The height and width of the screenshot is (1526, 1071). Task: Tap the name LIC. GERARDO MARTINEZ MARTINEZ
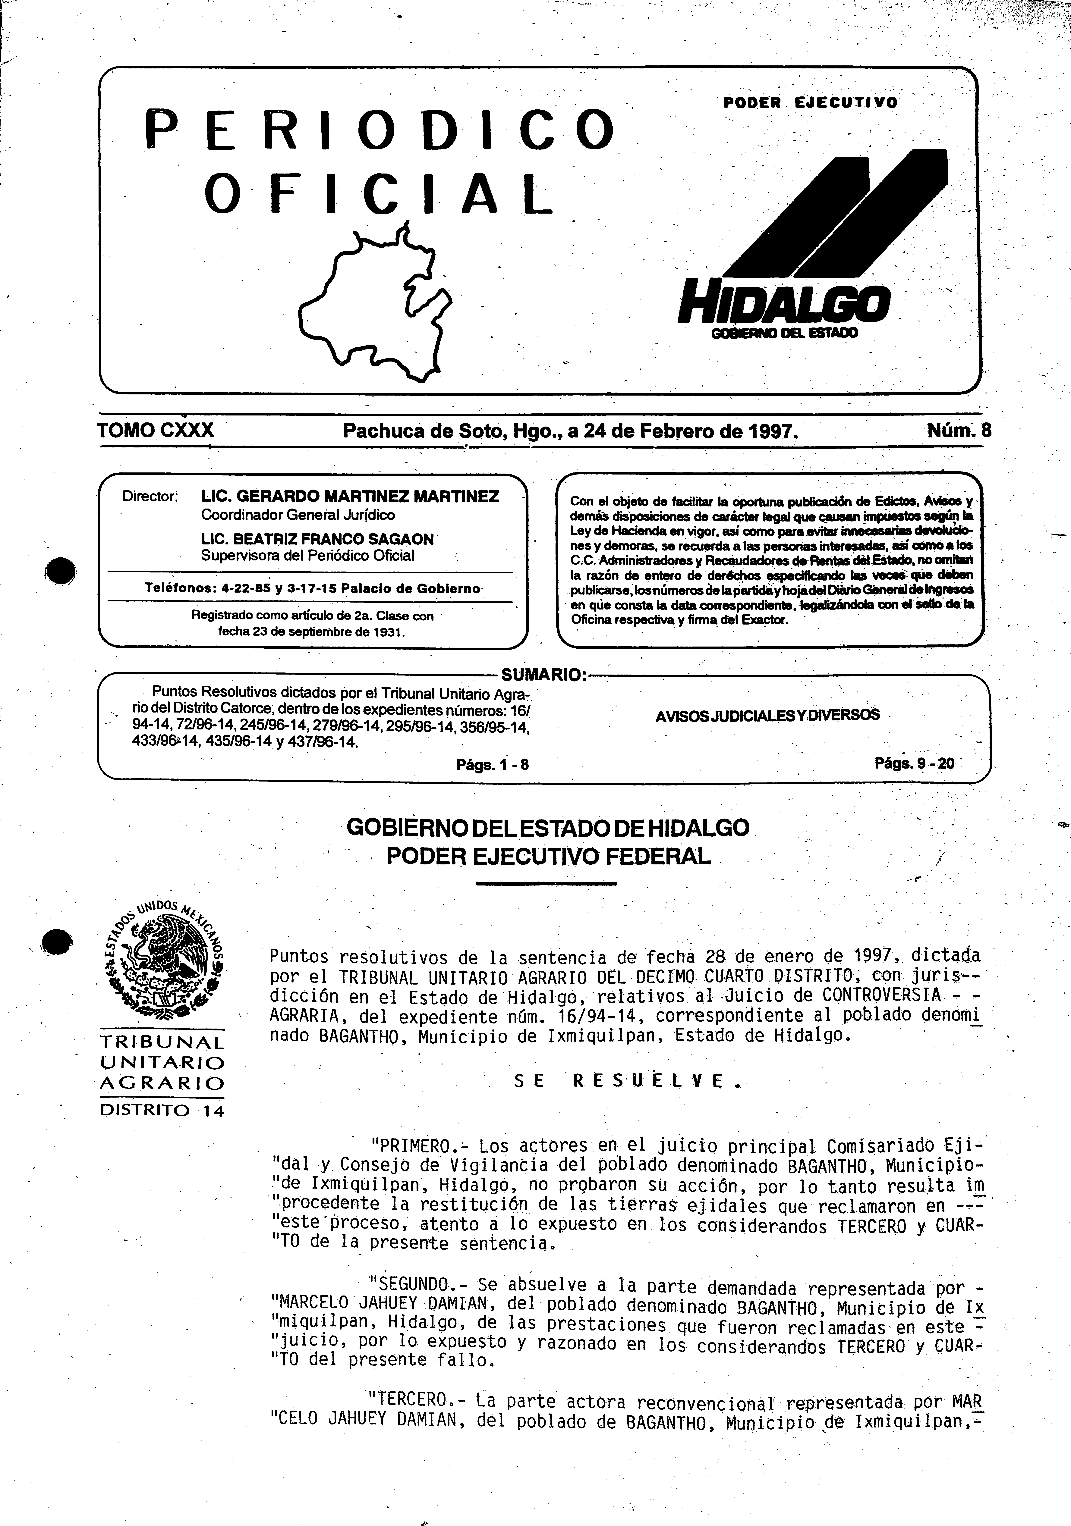[x=350, y=497]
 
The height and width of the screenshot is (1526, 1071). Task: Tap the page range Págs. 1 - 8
[x=492, y=764]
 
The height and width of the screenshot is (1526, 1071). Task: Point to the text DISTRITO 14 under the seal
[x=162, y=1110]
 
